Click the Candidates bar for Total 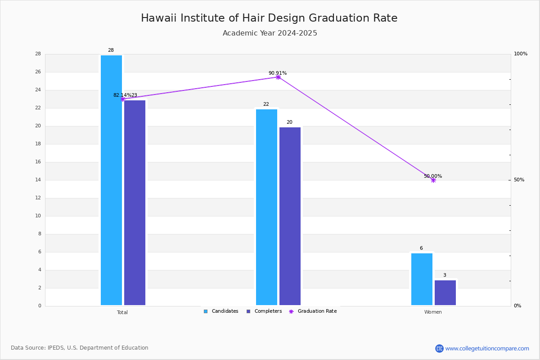pyautogui.click(x=111, y=180)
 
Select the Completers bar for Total pyautogui.click(x=135, y=203)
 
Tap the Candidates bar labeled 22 pyautogui.click(x=266, y=207)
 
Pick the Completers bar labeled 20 pyautogui.click(x=290, y=216)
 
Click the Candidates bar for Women pyautogui.click(x=422, y=279)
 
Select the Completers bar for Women pyautogui.click(x=445, y=293)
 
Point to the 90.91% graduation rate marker pyautogui.click(x=278, y=77)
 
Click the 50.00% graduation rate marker pyautogui.click(x=433, y=180)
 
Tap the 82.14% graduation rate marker pyautogui.click(x=123, y=99)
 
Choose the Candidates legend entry pyautogui.click(x=221, y=311)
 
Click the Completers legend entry pyautogui.click(x=264, y=311)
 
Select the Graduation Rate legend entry pyautogui.click(x=313, y=311)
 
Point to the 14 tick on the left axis pyautogui.click(x=38, y=180)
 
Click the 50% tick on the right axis pyautogui.click(x=519, y=180)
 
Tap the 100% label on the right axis pyautogui.click(x=521, y=54)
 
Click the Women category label pyautogui.click(x=433, y=312)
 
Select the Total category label pyautogui.click(x=122, y=312)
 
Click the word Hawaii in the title pyautogui.click(x=159, y=18)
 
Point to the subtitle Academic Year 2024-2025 pyautogui.click(x=270, y=33)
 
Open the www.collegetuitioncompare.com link pyautogui.click(x=487, y=348)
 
